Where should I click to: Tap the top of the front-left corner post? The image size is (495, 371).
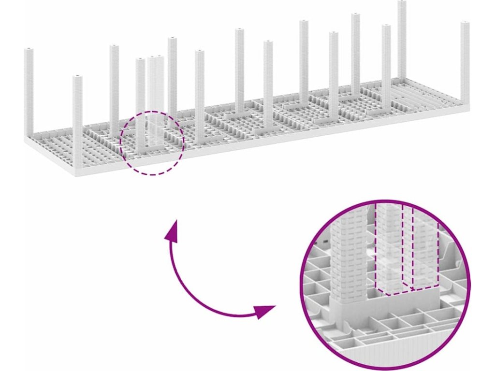(77, 77)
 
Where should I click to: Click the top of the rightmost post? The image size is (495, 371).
(465, 24)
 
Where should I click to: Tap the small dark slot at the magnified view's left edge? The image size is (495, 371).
(325, 240)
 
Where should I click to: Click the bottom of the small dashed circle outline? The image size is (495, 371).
(152, 174)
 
